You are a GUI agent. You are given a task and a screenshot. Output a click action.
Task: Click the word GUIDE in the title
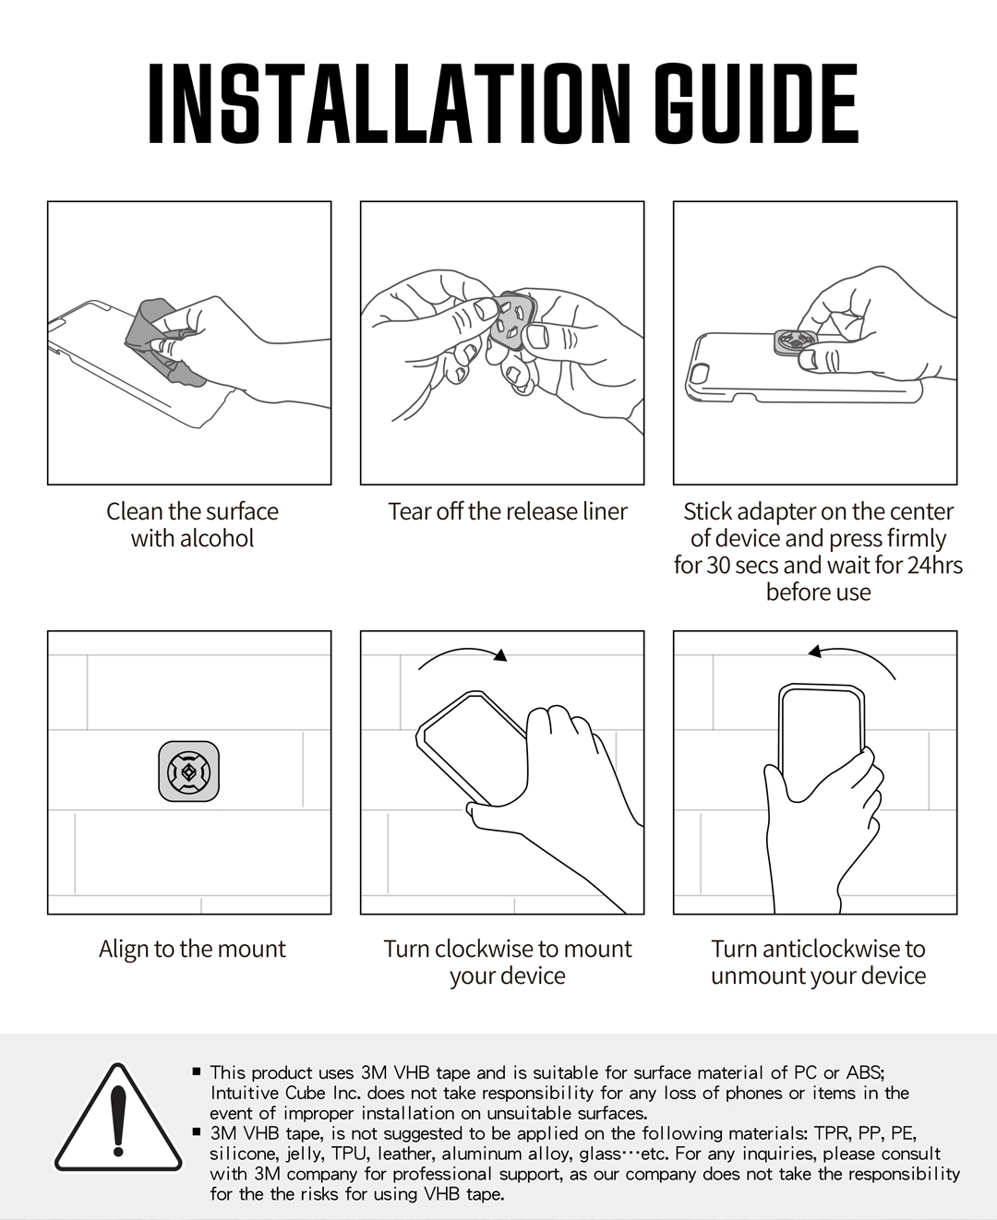point(756,103)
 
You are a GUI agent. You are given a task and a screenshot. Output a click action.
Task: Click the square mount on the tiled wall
point(188,771)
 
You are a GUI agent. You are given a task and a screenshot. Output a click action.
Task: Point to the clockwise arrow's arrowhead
point(500,654)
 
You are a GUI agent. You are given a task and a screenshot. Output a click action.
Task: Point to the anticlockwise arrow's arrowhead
point(815,652)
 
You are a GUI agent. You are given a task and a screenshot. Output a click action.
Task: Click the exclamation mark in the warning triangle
point(118,1121)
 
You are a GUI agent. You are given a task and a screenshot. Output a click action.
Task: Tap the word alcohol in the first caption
point(217,539)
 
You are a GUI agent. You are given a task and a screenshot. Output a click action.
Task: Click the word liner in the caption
point(603,511)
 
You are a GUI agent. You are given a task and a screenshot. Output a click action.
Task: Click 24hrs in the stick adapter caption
point(933,565)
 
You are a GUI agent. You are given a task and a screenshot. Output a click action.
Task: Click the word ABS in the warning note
point(864,1072)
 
